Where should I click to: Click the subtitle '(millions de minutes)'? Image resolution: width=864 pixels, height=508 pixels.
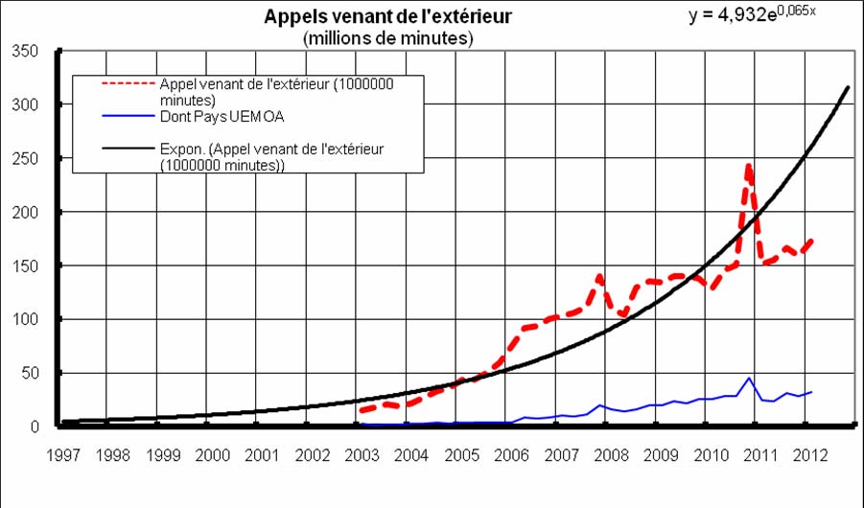click(387, 38)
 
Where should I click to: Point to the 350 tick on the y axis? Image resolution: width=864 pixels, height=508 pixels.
click(25, 51)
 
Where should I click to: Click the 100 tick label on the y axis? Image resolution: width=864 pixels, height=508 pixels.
click(25, 319)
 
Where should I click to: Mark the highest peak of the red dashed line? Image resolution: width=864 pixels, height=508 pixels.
click(748, 166)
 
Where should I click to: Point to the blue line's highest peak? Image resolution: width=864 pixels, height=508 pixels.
click(749, 379)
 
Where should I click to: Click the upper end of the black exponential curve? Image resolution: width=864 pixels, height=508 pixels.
click(849, 87)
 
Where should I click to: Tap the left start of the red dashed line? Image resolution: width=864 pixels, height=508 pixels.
click(361, 411)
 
